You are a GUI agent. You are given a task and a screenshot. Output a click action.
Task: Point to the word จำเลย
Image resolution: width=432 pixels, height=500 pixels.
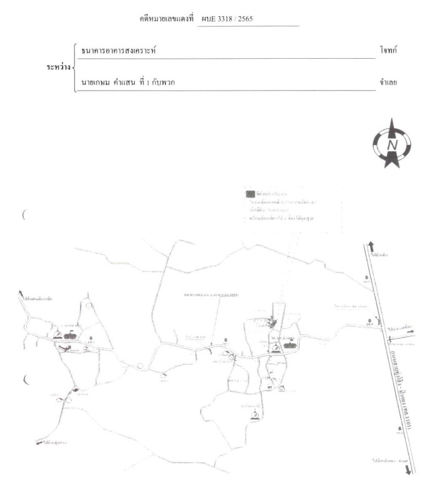(x=388, y=82)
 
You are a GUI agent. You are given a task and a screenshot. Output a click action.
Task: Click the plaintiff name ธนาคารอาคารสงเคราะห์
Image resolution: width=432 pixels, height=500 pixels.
(x=118, y=50)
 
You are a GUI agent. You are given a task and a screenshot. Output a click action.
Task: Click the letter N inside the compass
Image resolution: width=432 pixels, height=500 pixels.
(x=393, y=146)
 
